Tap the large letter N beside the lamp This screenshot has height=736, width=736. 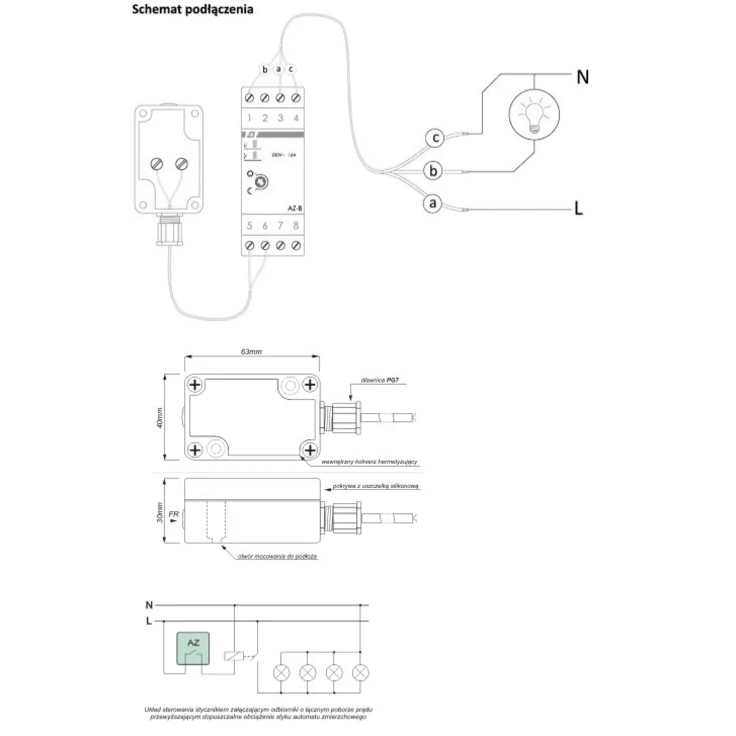pos(583,77)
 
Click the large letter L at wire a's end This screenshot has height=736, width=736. pos(578,209)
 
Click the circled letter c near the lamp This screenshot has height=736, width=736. pos(435,138)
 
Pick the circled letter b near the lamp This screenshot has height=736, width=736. pos(434,171)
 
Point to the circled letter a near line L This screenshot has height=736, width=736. pos(434,203)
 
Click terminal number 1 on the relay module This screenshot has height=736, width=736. pos(250,118)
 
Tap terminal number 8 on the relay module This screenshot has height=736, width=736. pos(296,226)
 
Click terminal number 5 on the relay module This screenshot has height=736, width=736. pos(250,226)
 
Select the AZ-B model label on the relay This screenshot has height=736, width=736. pos(294,209)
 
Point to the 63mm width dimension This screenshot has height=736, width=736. pos(251,352)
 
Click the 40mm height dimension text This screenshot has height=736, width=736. pos(160,418)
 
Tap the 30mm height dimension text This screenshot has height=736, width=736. pos(160,511)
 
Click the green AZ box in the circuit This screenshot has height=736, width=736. pos(193,649)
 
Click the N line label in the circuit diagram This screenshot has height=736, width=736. pos(149,605)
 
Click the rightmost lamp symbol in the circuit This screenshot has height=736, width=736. pos(361,672)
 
